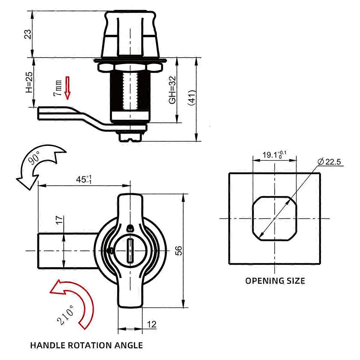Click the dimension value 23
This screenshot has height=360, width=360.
(x=28, y=34)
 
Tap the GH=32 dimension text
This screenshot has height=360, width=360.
(x=172, y=90)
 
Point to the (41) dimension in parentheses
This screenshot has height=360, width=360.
(x=192, y=98)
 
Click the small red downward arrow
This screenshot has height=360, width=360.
(x=67, y=88)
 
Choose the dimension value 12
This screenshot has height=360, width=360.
(x=152, y=324)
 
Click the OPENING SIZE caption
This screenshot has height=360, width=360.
(x=275, y=281)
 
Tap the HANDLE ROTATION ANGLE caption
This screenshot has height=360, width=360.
(x=86, y=345)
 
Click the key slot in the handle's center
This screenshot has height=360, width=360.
(x=130, y=250)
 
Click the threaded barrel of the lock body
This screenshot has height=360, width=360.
(x=130, y=91)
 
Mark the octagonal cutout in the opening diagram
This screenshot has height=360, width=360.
(x=275, y=218)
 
